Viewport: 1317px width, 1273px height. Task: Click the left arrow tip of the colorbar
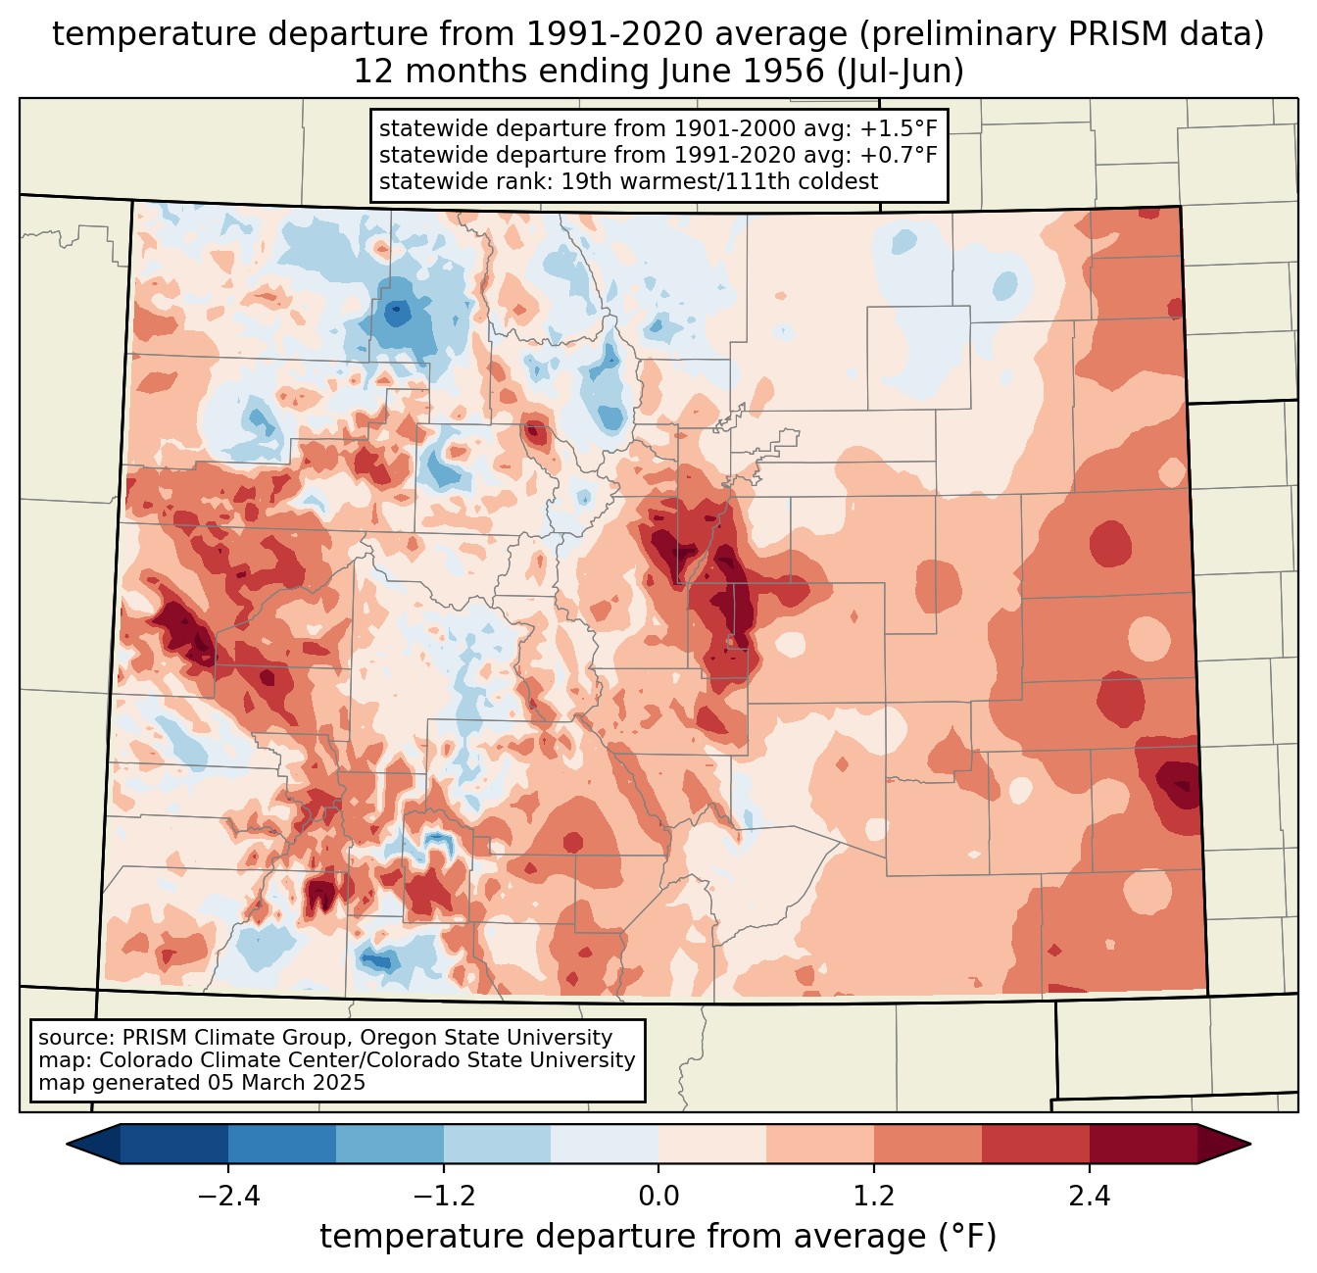[67, 1145]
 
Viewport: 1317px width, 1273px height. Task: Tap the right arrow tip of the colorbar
[1250, 1145]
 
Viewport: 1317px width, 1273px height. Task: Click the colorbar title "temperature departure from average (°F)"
[658, 1237]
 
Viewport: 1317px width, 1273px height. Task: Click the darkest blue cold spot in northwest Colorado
[397, 314]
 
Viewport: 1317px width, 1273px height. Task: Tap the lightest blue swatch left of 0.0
[605, 1145]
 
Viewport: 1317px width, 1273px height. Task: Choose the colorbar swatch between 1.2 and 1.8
[928, 1145]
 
